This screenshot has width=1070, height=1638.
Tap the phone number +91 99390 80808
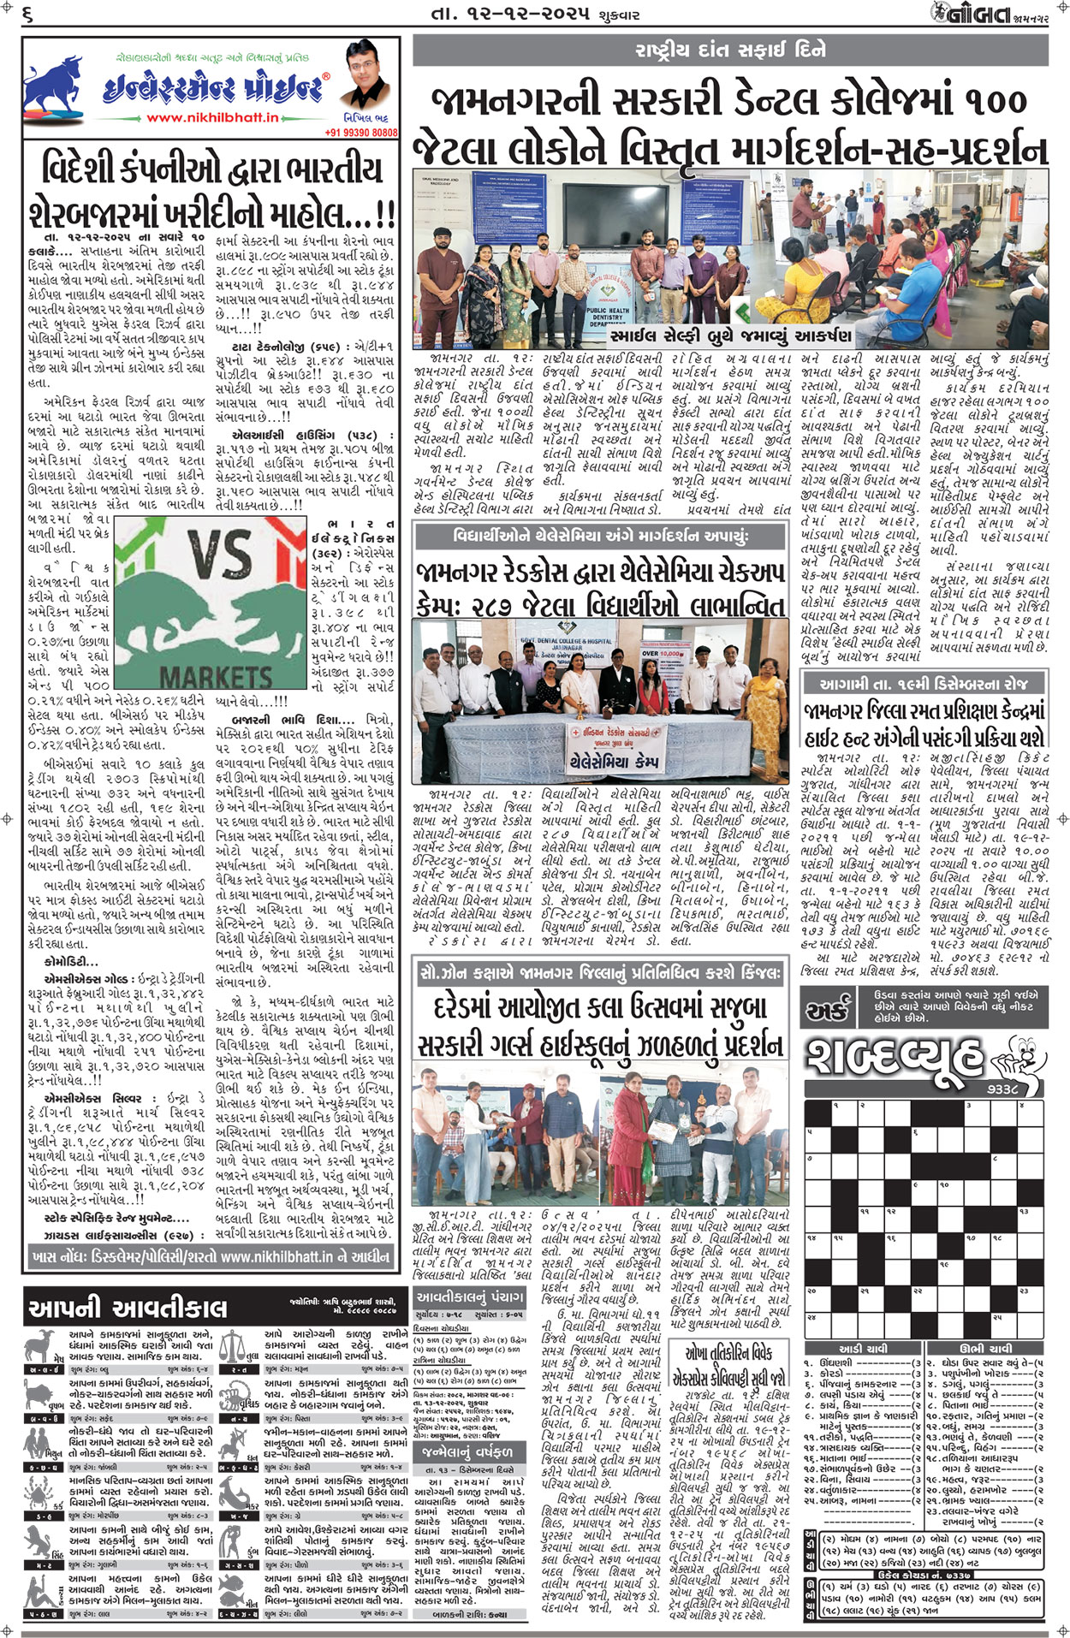(361, 133)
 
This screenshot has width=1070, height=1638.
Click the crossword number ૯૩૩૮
(1002, 1089)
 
